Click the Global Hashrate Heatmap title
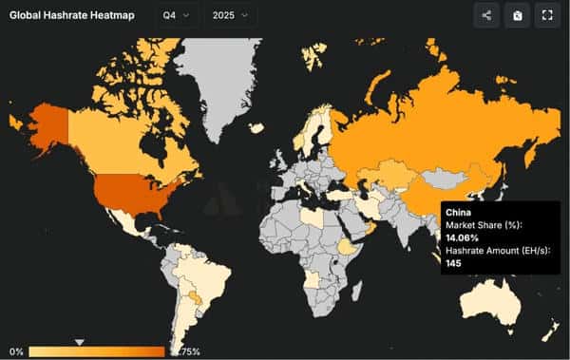click(x=71, y=15)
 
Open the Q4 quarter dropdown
click(x=177, y=15)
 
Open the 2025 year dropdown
click(x=230, y=15)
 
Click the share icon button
click(x=486, y=15)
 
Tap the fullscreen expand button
click(x=545, y=15)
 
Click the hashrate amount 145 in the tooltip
click(x=454, y=262)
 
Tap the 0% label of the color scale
click(x=15, y=352)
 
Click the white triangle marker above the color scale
click(x=80, y=342)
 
